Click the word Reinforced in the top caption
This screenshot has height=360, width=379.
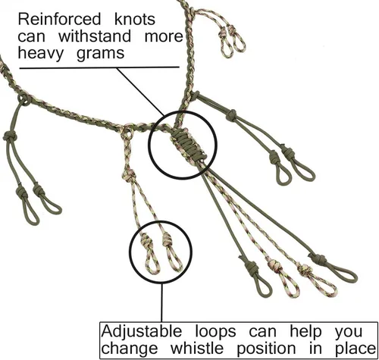[x=59, y=19]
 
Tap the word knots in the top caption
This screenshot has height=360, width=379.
[x=135, y=19]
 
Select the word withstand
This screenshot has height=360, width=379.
[x=95, y=36]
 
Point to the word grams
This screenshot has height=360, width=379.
[x=100, y=54]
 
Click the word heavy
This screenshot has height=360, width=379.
[x=41, y=53]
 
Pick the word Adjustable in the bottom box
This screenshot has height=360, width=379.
[x=142, y=332]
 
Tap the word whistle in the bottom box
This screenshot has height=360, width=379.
[x=197, y=349]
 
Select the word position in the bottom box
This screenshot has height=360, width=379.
[x=266, y=349]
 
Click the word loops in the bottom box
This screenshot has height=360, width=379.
[x=215, y=332]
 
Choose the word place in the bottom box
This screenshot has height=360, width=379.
[x=356, y=349]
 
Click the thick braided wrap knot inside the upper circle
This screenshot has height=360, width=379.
[x=189, y=146]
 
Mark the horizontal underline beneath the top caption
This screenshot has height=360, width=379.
[x=99, y=67]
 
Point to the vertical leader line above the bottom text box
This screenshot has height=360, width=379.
[x=161, y=302]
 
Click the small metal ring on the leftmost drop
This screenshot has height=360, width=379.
[x=24, y=99]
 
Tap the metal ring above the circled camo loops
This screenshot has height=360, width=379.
[x=127, y=133]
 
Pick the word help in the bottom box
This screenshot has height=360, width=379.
[x=305, y=332]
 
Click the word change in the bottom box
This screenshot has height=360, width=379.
[x=130, y=349]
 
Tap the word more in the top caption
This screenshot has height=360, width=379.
[x=164, y=36]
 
